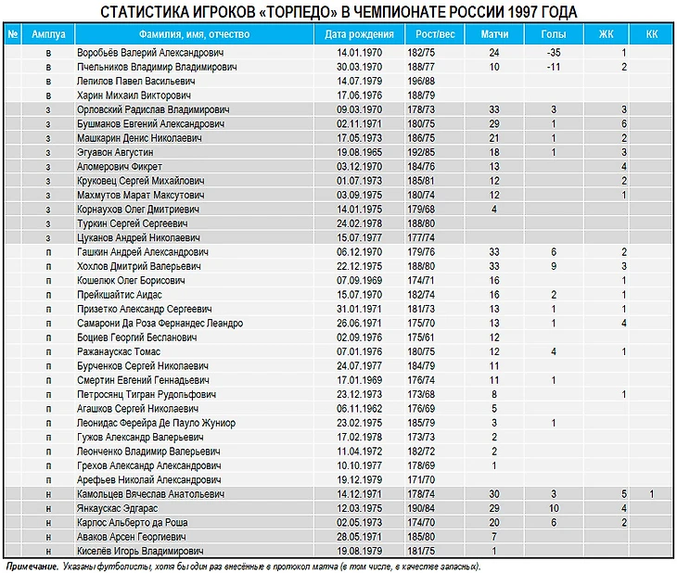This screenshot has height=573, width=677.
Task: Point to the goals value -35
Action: [553, 53]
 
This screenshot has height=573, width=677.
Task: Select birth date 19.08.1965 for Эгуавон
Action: [361, 152]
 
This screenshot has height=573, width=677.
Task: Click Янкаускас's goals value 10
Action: [553, 508]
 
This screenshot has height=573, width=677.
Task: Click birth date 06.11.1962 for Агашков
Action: [361, 408]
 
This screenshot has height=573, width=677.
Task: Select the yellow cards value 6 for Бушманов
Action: [624, 123]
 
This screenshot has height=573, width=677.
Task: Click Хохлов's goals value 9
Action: [553, 266]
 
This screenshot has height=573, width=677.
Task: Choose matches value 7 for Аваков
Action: [494, 537]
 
